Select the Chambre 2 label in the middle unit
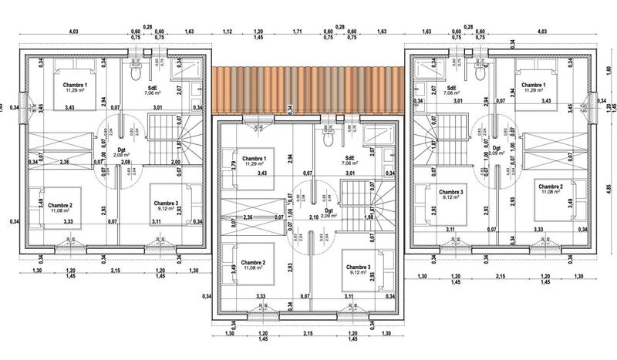pos(252,262)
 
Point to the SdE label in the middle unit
pos(351,156)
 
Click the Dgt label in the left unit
pos(120,150)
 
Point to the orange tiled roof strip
pos(308,88)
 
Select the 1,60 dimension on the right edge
pos(609,69)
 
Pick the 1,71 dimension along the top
pos(297,32)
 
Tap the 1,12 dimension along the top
pos(228,32)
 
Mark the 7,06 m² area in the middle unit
pos(351,163)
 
